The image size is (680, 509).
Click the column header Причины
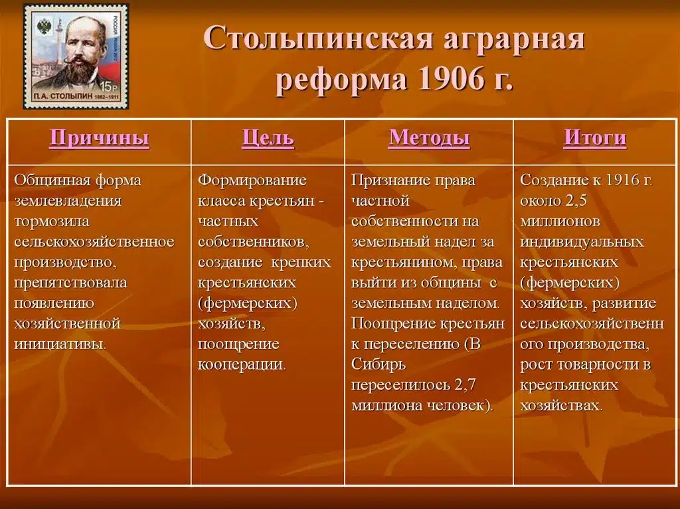pyautogui.click(x=99, y=138)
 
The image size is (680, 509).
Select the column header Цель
pyautogui.click(x=268, y=138)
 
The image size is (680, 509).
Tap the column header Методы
pyautogui.click(x=429, y=138)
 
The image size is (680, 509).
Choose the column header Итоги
pyautogui.click(x=595, y=138)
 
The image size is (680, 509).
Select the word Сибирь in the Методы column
pyautogui.click(x=379, y=365)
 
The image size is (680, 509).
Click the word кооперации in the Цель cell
pyautogui.click(x=242, y=365)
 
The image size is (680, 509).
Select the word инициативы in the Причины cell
pyautogui.click(x=60, y=344)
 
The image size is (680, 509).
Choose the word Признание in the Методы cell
pyautogui.click(x=388, y=181)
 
